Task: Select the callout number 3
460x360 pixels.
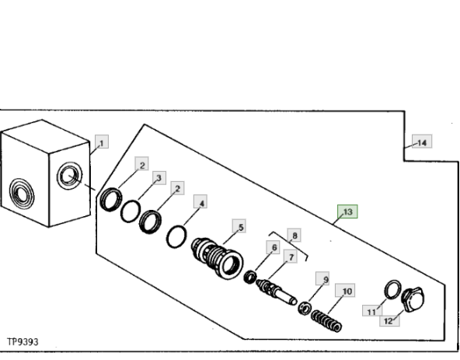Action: click(x=159, y=178)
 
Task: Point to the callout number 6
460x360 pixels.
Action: click(x=274, y=247)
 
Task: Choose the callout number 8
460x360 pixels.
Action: click(x=294, y=235)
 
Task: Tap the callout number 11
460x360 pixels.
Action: click(x=372, y=311)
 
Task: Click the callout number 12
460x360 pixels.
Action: click(x=389, y=320)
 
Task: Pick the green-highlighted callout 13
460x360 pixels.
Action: click(x=347, y=211)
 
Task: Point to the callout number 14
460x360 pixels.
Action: click(x=422, y=142)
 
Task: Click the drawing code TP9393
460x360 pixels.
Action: click(x=23, y=342)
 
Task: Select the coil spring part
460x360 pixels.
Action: click(x=326, y=320)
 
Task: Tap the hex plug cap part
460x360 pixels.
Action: click(x=413, y=299)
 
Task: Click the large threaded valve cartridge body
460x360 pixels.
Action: click(x=218, y=258)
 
